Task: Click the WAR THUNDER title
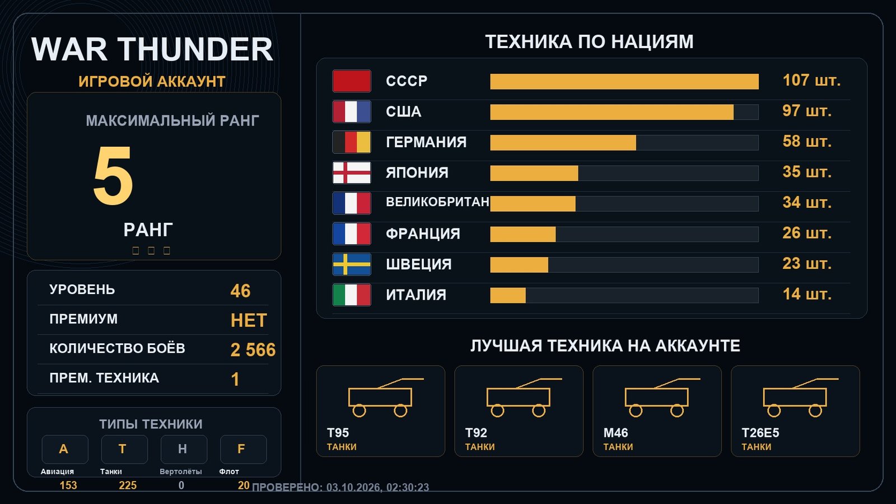152,49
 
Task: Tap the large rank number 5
113,175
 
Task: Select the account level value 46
240,291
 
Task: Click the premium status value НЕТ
249,320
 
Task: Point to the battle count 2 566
253,350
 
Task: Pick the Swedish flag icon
352,264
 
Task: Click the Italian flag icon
352,295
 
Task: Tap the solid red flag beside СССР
352,81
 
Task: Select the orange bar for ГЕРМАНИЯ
563,143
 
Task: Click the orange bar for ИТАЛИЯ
507,296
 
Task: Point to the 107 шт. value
811,81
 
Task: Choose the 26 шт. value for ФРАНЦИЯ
807,233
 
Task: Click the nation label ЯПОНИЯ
417,173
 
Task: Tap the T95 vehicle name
338,433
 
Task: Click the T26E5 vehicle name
760,433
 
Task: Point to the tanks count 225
128,486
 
